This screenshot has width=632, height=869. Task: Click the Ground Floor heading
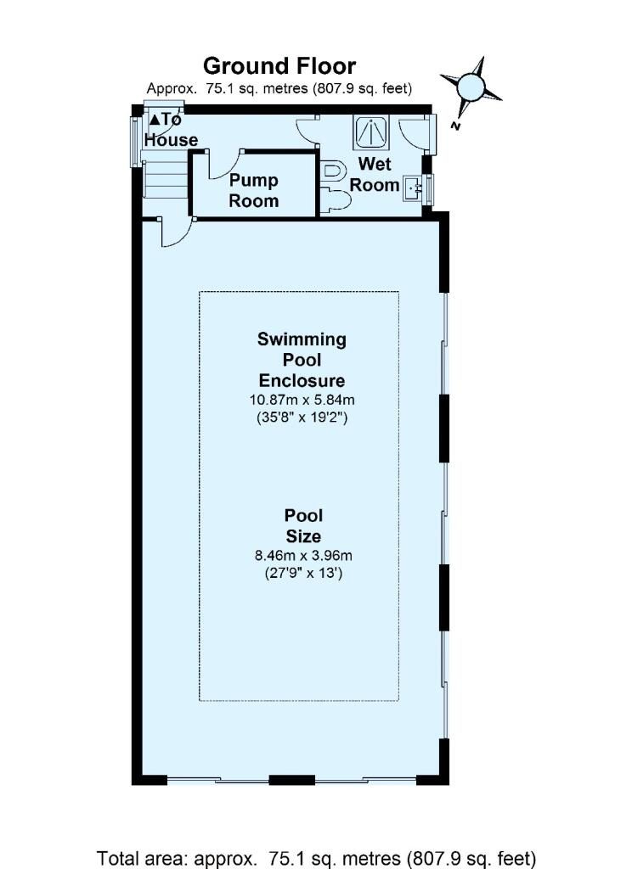pyautogui.click(x=279, y=66)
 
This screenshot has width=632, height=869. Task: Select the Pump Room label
pyautogui.click(x=254, y=190)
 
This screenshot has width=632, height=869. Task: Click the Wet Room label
pyautogui.click(x=375, y=174)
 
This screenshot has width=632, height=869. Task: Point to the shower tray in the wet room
pyautogui.click(x=372, y=132)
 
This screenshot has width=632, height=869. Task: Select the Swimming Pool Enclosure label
pyautogui.click(x=302, y=360)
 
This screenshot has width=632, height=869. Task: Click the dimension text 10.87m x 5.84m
pyautogui.click(x=302, y=400)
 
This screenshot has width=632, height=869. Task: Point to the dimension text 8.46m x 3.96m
pyautogui.click(x=303, y=555)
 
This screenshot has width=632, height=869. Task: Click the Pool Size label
pyautogui.click(x=303, y=526)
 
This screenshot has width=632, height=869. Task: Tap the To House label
pyautogui.click(x=171, y=130)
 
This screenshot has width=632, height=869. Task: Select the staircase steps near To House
pyautogui.click(x=166, y=178)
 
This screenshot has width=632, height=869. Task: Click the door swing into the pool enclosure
pyautogui.click(x=177, y=233)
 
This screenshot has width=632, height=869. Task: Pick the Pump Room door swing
pyautogui.click(x=225, y=165)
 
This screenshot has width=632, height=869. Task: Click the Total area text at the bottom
pyautogui.click(x=316, y=859)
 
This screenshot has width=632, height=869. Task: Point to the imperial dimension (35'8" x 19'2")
pyautogui.click(x=302, y=417)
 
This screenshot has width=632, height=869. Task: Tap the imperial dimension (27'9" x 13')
pyautogui.click(x=303, y=573)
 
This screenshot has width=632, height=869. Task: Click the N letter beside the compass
pyautogui.click(x=455, y=126)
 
